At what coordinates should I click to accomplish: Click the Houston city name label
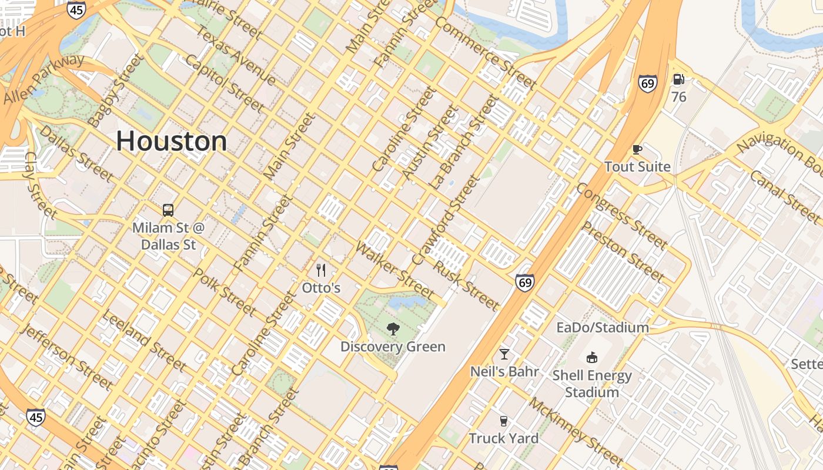coord(171,141)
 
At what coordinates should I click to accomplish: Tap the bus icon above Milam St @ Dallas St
coord(168,210)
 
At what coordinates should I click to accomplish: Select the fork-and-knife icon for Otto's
coord(321,270)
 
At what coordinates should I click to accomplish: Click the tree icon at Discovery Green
coord(393,329)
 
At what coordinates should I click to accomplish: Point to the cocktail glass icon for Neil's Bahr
coord(504,354)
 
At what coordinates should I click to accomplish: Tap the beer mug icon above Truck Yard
coord(503,421)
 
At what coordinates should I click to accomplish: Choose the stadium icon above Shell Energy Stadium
coord(592,357)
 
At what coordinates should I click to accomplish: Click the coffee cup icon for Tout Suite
coord(637,149)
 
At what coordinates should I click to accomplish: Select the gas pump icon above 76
coord(678,79)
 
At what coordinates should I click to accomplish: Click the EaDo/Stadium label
coord(603,327)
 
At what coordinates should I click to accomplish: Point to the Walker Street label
coord(394,270)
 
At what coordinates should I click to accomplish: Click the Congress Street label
coord(621,215)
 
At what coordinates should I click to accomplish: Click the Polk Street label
coord(225,292)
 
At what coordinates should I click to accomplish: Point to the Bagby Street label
coord(115,90)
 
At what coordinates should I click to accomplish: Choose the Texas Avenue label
coord(235,55)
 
